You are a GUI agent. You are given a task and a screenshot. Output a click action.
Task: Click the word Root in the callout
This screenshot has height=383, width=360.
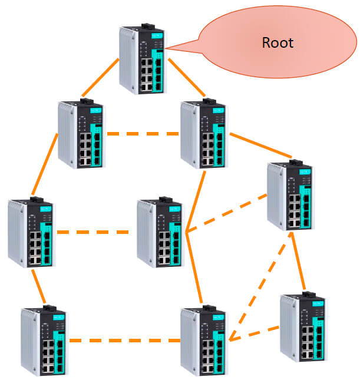[278, 43]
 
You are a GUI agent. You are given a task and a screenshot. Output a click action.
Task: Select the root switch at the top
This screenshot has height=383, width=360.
[142, 60]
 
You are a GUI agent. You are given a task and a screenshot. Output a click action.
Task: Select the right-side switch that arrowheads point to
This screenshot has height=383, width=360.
[291, 195]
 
